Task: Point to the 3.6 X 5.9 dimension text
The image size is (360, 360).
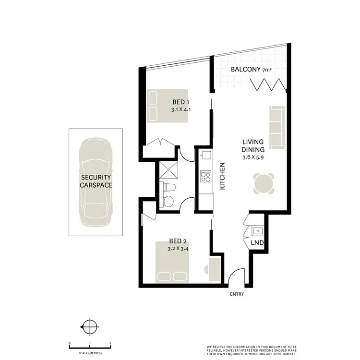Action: coord(253,157)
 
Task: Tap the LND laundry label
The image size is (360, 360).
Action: coord(257,243)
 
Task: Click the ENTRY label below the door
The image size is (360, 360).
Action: coord(237,294)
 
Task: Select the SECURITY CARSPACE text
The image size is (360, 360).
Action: coord(96,181)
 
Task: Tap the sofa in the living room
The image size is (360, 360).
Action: coord(277,127)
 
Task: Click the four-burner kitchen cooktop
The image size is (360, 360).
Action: coord(205,176)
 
